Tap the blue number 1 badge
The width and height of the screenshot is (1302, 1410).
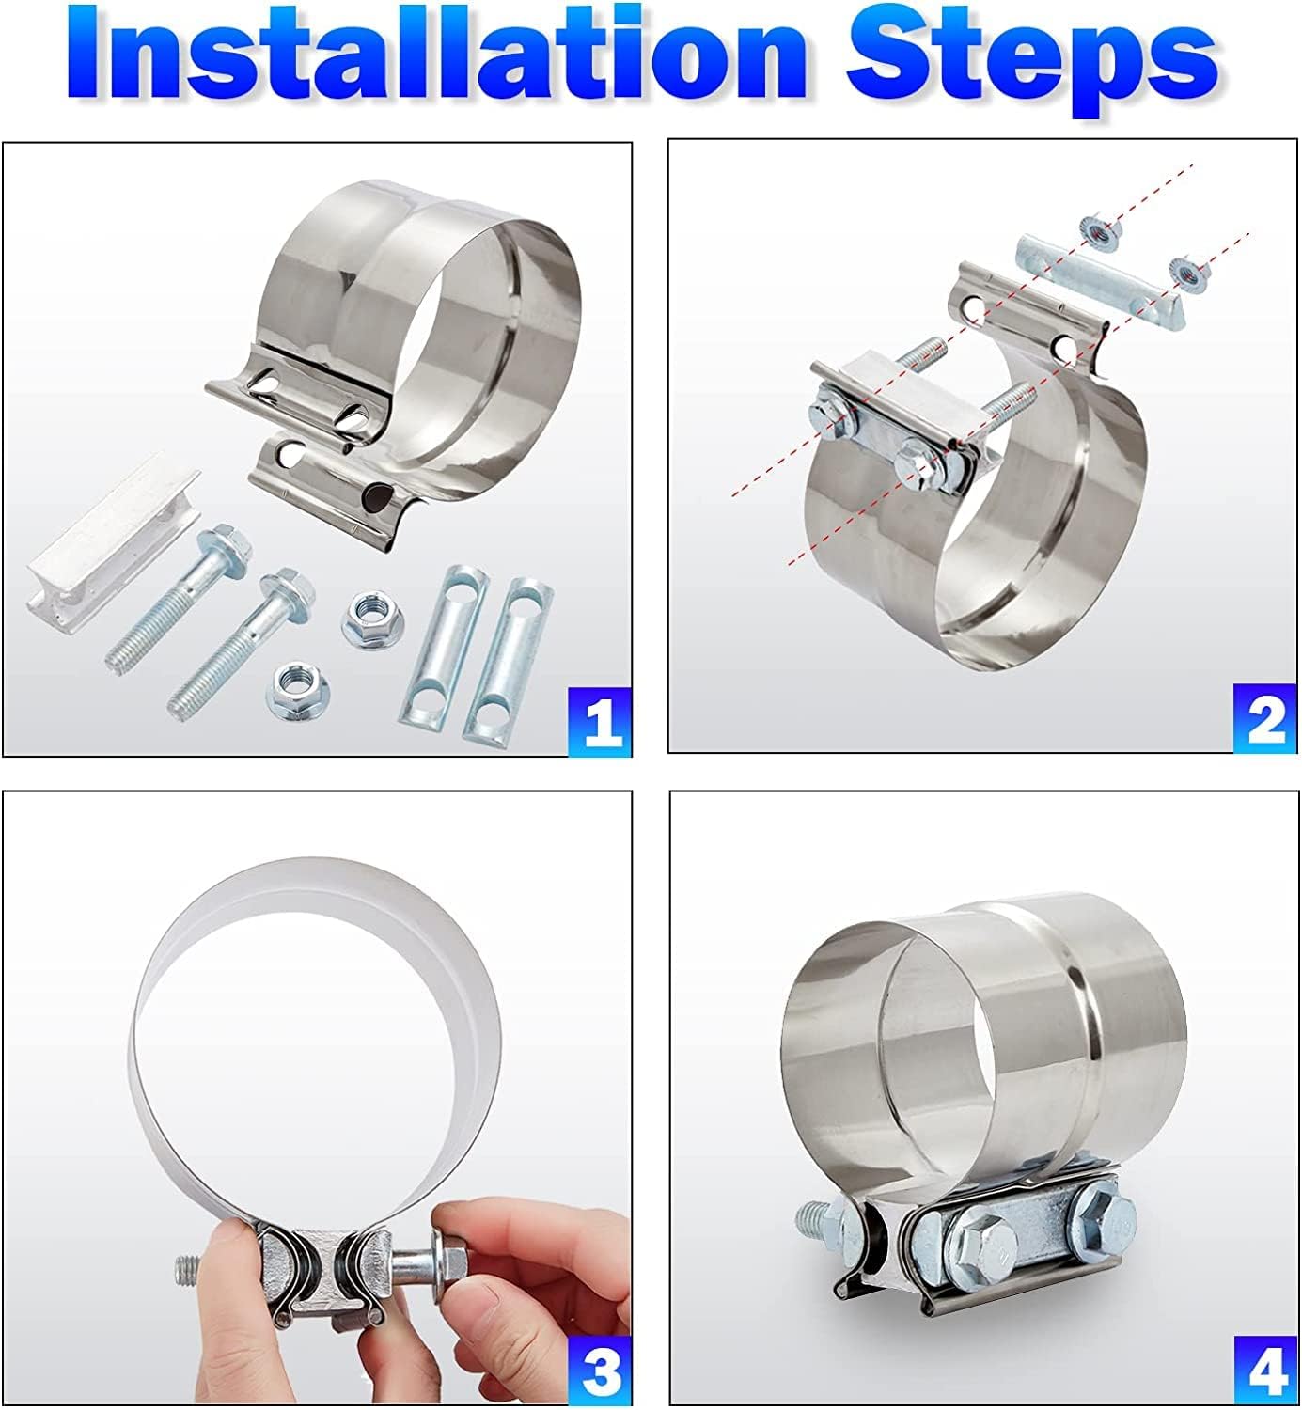600,721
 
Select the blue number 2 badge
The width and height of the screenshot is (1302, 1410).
1265,718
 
